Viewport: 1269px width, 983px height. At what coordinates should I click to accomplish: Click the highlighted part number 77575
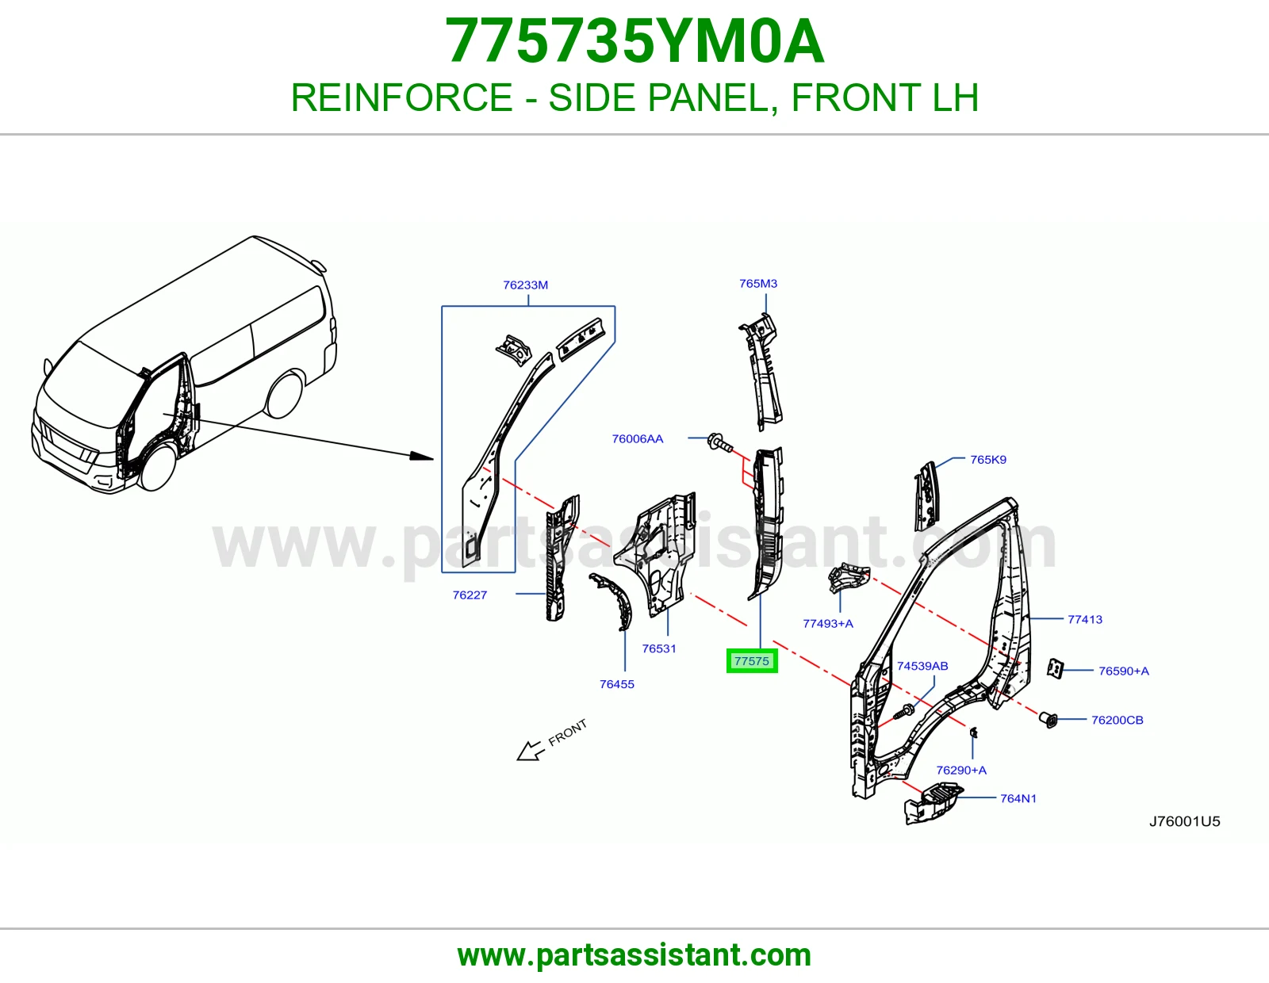pyautogui.click(x=752, y=661)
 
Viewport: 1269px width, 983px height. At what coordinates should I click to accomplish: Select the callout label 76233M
pyautogui.click(x=525, y=285)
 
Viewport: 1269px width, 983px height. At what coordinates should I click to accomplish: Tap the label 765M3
pyautogui.click(x=758, y=283)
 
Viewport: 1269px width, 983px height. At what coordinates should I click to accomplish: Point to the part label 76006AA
pyautogui.click(x=637, y=438)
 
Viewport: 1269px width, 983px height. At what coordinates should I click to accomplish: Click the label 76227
pyautogui.click(x=470, y=595)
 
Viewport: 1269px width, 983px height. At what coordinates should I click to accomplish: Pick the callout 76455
pyautogui.click(x=617, y=684)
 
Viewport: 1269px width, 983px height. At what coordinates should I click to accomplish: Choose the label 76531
pyautogui.click(x=659, y=648)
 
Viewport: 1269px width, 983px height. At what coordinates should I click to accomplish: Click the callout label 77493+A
pyautogui.click(x=828, y=623)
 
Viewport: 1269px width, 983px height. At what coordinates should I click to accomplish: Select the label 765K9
pyautogui.click(x=988, y=460)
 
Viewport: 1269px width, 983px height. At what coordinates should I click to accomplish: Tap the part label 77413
pyautogui.click(x=1085, y=619)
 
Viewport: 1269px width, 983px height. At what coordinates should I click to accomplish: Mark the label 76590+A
pyautogui.click(x=1124, y=671)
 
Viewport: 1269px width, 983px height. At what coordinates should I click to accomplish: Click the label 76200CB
pyautogui.click(x=1118, y=720)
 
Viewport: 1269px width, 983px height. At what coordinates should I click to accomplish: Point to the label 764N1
pyautogui.click(x=1018, y=798)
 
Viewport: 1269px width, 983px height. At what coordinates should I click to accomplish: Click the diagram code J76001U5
pyautogui.click(x=1185, y=821)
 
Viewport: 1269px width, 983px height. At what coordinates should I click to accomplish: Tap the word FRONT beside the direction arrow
pyautogui.click(x=567, y=732)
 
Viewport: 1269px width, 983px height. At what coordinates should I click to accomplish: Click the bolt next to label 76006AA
pyautogui.click(x=720, y=442)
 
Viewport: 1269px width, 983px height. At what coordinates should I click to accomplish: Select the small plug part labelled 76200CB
pyautogui.click(x=1048, y=721)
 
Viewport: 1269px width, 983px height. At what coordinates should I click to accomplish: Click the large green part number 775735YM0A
pyautogui.click(x=634, y=41)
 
